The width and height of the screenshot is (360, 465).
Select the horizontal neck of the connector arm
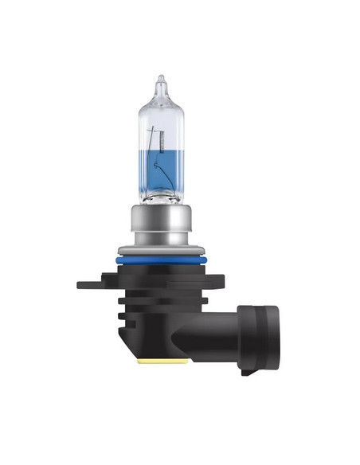point(235,334)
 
